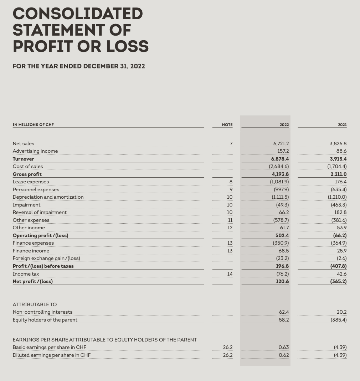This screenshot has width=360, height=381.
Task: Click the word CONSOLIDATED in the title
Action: click(78, 14)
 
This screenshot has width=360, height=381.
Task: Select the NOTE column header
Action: click(227, 125)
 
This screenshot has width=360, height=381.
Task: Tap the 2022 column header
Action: click(284, 125)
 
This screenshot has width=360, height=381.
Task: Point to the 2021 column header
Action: click(342, 125)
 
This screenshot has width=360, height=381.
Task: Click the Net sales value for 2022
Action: click(281, 143)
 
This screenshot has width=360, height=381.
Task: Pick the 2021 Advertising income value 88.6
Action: click(341, 151)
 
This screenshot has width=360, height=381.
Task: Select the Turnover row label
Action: click(24, 159)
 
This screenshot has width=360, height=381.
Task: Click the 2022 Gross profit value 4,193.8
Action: click(280, 174)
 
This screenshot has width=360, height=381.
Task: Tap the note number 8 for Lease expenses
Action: click(231, 182)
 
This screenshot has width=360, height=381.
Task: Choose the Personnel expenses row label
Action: click(36, 189)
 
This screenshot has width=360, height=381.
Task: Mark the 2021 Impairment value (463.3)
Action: click(339, 205)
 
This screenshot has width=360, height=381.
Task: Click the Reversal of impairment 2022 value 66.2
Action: click(284, 212)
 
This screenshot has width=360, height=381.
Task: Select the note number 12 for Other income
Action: click(230, 228)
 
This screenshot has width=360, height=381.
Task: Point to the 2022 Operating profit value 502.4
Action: click(282, 235)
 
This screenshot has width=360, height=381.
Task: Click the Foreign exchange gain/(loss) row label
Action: click(46, 258)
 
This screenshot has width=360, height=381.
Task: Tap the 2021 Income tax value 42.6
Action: click(341, 274)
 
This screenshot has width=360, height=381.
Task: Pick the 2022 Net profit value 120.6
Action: click(282, 281)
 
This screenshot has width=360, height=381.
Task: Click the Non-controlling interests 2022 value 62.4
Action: click(284, 312)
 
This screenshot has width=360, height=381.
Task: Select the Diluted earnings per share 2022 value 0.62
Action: click(284, 355)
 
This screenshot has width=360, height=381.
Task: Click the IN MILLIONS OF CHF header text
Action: click(33, 125)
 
